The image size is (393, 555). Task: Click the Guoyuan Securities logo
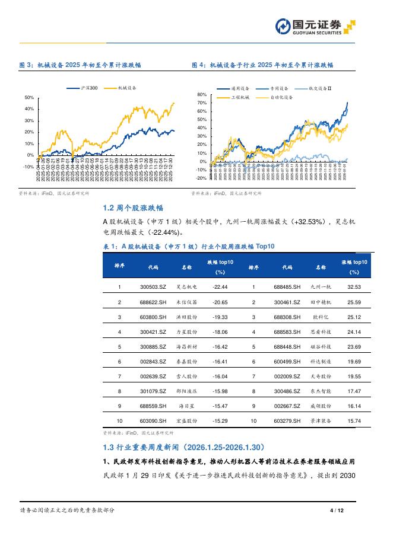pos(315,27)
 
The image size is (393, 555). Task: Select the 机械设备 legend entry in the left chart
pos(125,88)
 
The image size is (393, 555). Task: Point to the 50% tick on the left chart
pos(29,97)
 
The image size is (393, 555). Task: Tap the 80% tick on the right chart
pos(201,95)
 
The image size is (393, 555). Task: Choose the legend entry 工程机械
pos(239,97)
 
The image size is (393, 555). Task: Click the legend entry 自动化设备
pos(281,97)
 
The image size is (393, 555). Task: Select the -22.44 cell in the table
pos(220,287)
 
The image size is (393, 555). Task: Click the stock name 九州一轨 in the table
pos(321,287)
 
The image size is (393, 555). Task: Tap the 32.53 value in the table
pos(354,287)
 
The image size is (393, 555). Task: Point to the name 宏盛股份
pos(186,422)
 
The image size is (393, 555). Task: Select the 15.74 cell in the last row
pos(354,422)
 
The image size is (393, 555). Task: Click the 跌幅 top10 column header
pos(220,267)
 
